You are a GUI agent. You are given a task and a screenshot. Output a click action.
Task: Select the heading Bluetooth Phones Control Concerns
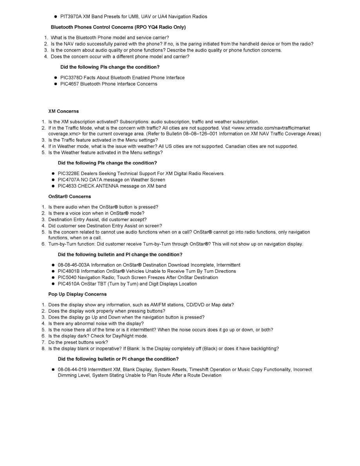pos(118,27)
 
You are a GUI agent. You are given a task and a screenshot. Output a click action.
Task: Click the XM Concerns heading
pos(64,111)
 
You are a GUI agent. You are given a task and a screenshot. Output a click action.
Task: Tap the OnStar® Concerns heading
pos(69,197)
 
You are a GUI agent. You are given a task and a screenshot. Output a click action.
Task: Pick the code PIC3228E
pos(69,174)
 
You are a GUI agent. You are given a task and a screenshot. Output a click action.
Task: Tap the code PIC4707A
pos(69,180)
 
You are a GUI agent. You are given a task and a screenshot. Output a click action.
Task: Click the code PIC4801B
pos(69,271)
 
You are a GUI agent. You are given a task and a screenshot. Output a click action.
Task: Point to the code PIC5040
pos(67,278)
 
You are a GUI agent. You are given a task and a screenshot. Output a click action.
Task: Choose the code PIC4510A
pos(69,284)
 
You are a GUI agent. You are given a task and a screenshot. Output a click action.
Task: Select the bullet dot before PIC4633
pos(53,186)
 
